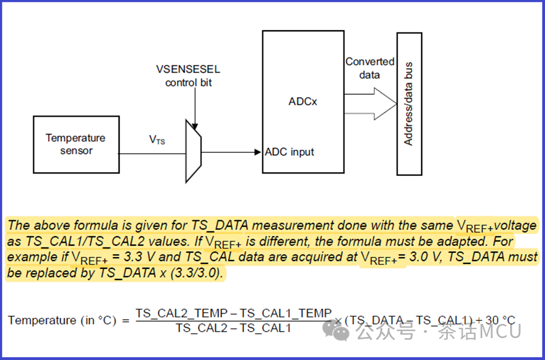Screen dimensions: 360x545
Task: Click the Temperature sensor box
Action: click(x=75, y=144)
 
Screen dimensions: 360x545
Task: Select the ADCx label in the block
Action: click(x=302, y=101)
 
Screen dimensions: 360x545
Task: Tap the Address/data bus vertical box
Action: click(x=409, y=104)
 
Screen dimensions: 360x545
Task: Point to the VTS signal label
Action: click(x=156, y=140)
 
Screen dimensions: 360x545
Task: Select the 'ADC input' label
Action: click(x=290, y=152)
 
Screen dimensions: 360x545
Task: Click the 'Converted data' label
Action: click(x=370, y=68)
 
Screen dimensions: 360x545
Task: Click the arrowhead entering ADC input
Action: click(x=258, y=152)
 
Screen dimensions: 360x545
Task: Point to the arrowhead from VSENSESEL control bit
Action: click(x=194, y=126)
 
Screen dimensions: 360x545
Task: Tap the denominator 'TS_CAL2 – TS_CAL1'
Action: click(x=233, y=327)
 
